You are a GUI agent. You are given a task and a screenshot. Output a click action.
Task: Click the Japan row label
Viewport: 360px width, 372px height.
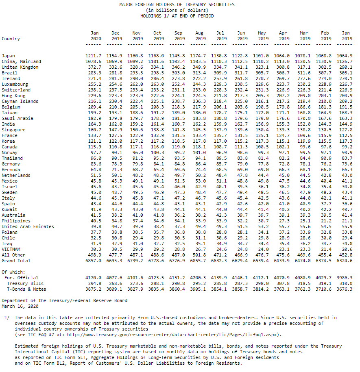(8, 56)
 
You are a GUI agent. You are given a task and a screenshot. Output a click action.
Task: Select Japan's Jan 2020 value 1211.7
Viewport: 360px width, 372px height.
(94, 56)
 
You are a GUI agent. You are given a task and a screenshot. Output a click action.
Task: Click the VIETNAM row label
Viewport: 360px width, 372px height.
(11, 249)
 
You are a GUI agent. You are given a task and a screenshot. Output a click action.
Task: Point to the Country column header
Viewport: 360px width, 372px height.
(11, 39)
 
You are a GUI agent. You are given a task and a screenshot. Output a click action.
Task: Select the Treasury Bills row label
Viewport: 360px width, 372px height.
(25, 283)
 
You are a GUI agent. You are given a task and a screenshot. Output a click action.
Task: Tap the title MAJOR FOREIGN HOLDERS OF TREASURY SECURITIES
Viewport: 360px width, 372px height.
(177, 4)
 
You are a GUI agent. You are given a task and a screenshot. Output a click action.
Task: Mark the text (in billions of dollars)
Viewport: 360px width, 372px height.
(177, 10)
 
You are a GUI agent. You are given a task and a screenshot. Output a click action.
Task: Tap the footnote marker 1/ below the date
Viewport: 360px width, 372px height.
(7, 318)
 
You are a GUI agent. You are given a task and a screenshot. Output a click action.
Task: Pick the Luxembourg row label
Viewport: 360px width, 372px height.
(15, 84)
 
